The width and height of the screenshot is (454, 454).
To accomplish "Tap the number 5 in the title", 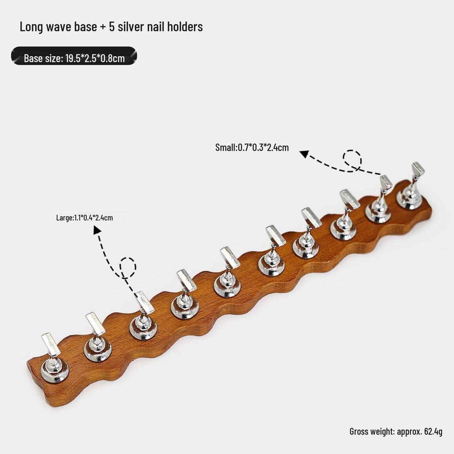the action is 112,27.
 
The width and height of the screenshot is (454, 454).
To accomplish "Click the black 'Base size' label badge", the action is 74,56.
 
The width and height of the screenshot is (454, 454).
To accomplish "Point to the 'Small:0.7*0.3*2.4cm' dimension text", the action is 252,147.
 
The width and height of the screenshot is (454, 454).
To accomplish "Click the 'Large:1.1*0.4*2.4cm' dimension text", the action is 85,217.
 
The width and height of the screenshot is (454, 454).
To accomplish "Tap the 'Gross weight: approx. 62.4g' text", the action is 396,431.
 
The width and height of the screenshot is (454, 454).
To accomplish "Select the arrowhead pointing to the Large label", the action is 97,230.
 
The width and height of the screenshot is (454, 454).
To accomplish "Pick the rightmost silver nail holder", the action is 411,187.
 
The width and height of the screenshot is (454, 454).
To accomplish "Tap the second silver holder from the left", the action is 98,337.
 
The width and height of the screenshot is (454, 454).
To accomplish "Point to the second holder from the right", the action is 379,200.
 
